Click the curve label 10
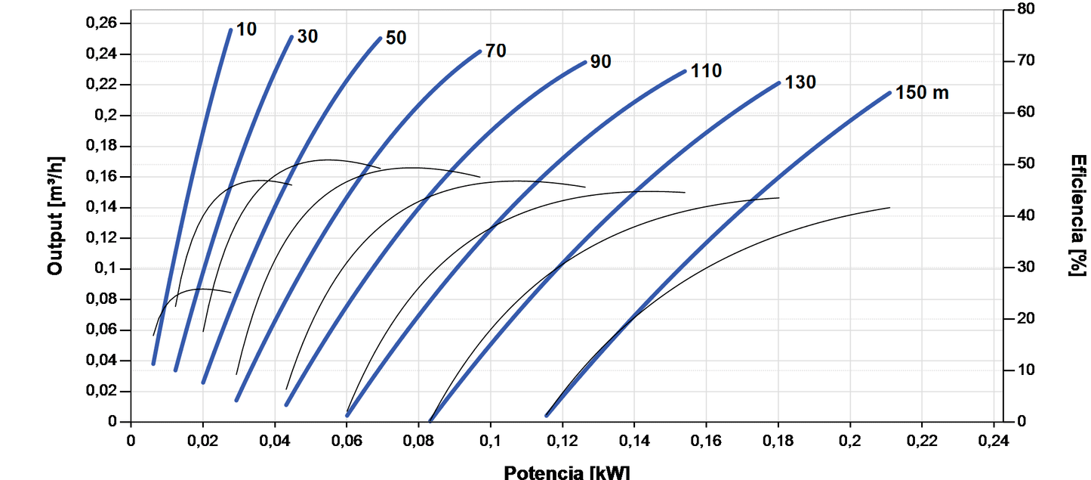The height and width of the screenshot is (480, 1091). [246, 29]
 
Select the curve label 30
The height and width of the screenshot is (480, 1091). [306, 36]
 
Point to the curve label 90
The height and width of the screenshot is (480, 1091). [600, 61]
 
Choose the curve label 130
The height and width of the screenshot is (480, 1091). [800, 82]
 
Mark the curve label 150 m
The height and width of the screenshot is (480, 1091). [922, 93]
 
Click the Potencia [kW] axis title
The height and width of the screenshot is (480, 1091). [566, 472]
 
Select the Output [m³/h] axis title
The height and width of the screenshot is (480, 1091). [55, 215]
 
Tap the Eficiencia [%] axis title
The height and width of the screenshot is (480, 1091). [1078, 215]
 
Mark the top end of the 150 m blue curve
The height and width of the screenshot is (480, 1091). [889, 93]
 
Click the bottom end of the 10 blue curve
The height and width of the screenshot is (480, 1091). [153, 364]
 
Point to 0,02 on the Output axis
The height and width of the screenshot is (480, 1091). [103, 392]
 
